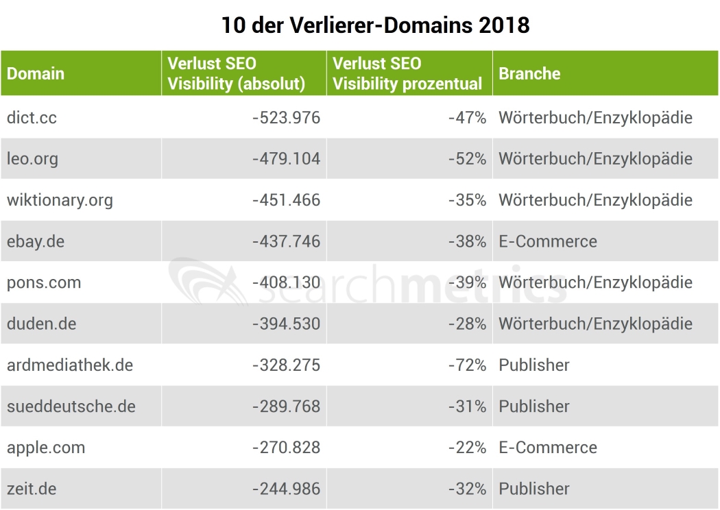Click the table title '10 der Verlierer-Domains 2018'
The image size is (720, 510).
pos(375,25)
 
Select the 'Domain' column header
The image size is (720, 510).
pos(36,73)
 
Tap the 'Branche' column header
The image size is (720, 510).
pos(529,73)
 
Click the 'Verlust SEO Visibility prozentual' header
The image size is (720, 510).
pos(407,73)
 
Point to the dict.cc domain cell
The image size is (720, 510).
pos(32,117)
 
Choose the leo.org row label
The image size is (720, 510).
pos(32,158)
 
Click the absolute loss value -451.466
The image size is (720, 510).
pos(286,200)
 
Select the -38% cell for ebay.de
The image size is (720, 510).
pos(467,241)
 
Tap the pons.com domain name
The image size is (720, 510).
pos(44,282)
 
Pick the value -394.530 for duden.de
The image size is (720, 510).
pos(286,324)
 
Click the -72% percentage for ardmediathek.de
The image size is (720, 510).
pos(467,365)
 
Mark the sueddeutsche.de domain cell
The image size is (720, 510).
pos(71,406)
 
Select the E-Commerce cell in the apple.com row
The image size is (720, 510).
pos(548,448)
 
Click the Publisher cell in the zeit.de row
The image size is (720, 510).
pos(534,489)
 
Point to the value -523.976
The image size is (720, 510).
pos(286,117)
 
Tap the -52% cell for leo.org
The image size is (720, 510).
pos(467,158)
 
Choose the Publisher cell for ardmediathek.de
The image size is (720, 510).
pos(534,365)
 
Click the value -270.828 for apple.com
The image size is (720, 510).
pos(286,448)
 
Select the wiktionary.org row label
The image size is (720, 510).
pos(60,200)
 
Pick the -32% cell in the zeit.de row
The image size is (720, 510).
pos(467,489)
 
